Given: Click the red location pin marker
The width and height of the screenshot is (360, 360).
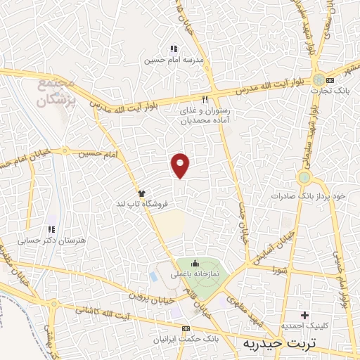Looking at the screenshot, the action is click(181, 165).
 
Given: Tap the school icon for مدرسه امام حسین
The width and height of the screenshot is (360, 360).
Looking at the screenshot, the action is click(174, 49).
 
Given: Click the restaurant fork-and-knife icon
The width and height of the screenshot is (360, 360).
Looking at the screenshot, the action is click(205, 99).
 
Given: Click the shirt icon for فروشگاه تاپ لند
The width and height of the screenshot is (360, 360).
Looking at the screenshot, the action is click(141, 193).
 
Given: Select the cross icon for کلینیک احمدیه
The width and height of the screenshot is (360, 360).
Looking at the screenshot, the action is click(304, 314).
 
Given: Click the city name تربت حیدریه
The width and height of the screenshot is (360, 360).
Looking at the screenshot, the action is click(279, 343).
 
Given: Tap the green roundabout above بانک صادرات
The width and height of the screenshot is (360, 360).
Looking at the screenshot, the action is click(304, 176).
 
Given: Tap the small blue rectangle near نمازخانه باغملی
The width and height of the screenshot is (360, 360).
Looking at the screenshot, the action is click(153, 276).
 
